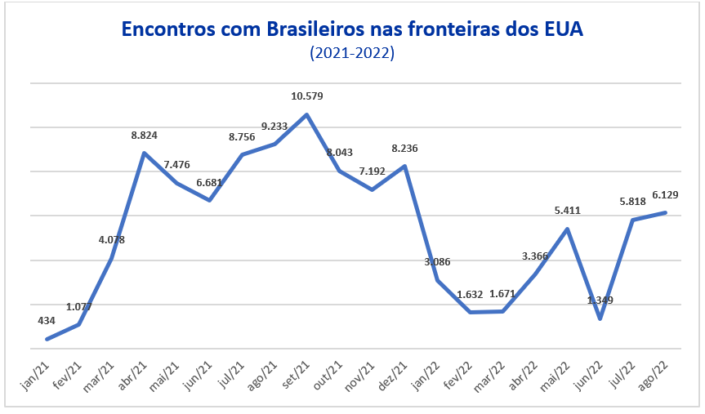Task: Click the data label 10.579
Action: click(307, 96)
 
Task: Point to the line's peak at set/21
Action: click(306, 114)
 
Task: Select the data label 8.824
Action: click(144, 136)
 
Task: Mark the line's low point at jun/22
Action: click(600, 318)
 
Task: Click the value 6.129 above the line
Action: click(666, 194)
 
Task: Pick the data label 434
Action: click(47, 320)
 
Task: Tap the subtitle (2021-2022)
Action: click(352, 54)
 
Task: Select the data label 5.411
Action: click(568, 210)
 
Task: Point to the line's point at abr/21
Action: click(144, 153)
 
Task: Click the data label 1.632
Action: click(471, 294)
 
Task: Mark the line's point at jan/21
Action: click(47, 339)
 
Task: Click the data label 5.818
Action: click(633, 202)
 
